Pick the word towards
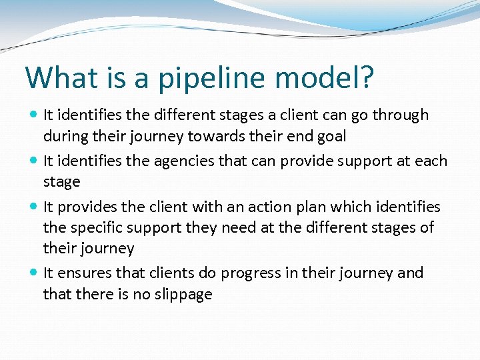tap(215, 136)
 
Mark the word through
tap(400, 115)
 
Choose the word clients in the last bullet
tap(167, 273)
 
